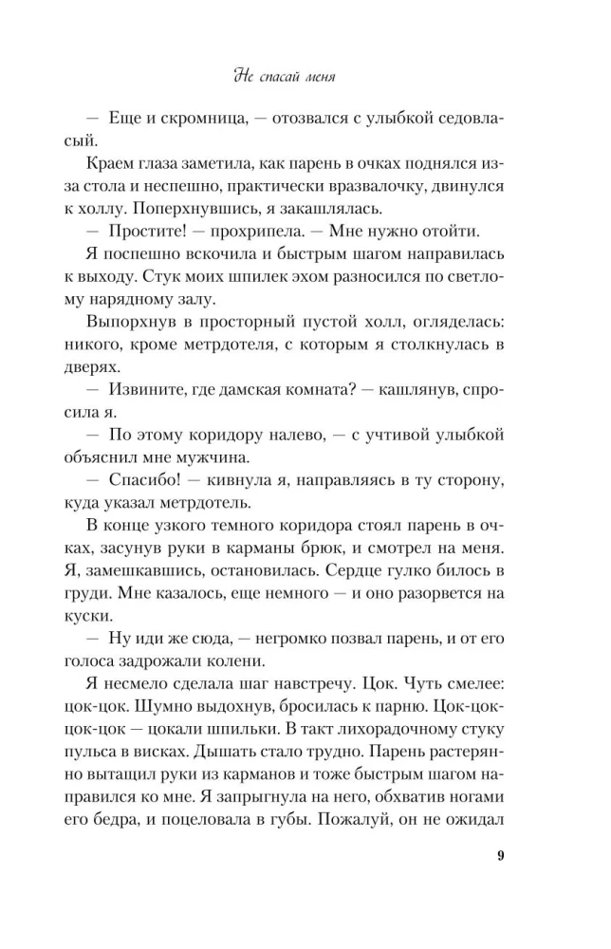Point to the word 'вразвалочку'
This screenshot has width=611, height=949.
coord(390,187)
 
